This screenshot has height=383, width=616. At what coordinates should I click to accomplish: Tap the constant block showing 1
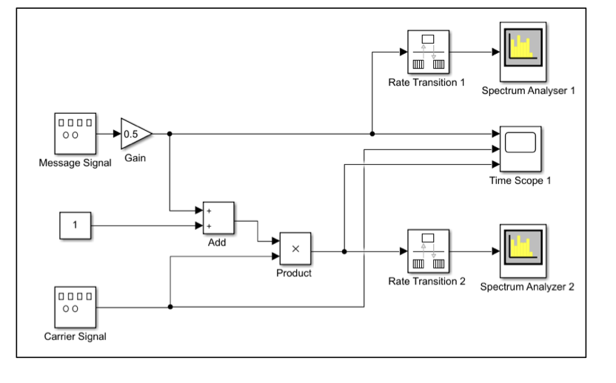[76, 225]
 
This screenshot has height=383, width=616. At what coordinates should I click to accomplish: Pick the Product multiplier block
[295, 248]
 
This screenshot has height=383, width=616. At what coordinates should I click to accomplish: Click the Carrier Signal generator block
[75, 308]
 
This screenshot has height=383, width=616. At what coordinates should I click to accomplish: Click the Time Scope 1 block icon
[520, 148]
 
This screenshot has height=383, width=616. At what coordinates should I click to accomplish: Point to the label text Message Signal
[75, 163]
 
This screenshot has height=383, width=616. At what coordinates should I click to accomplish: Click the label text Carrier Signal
[75, 337]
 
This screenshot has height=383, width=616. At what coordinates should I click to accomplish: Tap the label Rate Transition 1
[426, 82]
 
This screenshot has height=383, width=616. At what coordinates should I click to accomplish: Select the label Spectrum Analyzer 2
[526, 286]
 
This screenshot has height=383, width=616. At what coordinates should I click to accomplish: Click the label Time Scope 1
[520, 180]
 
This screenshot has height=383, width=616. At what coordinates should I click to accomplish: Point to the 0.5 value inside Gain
[130, 134]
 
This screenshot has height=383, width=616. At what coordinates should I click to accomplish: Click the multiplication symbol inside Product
[295, 248]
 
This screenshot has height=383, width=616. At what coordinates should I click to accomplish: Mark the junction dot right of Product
[345, 251]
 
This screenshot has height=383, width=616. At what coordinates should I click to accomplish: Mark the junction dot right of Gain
[170, 134]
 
